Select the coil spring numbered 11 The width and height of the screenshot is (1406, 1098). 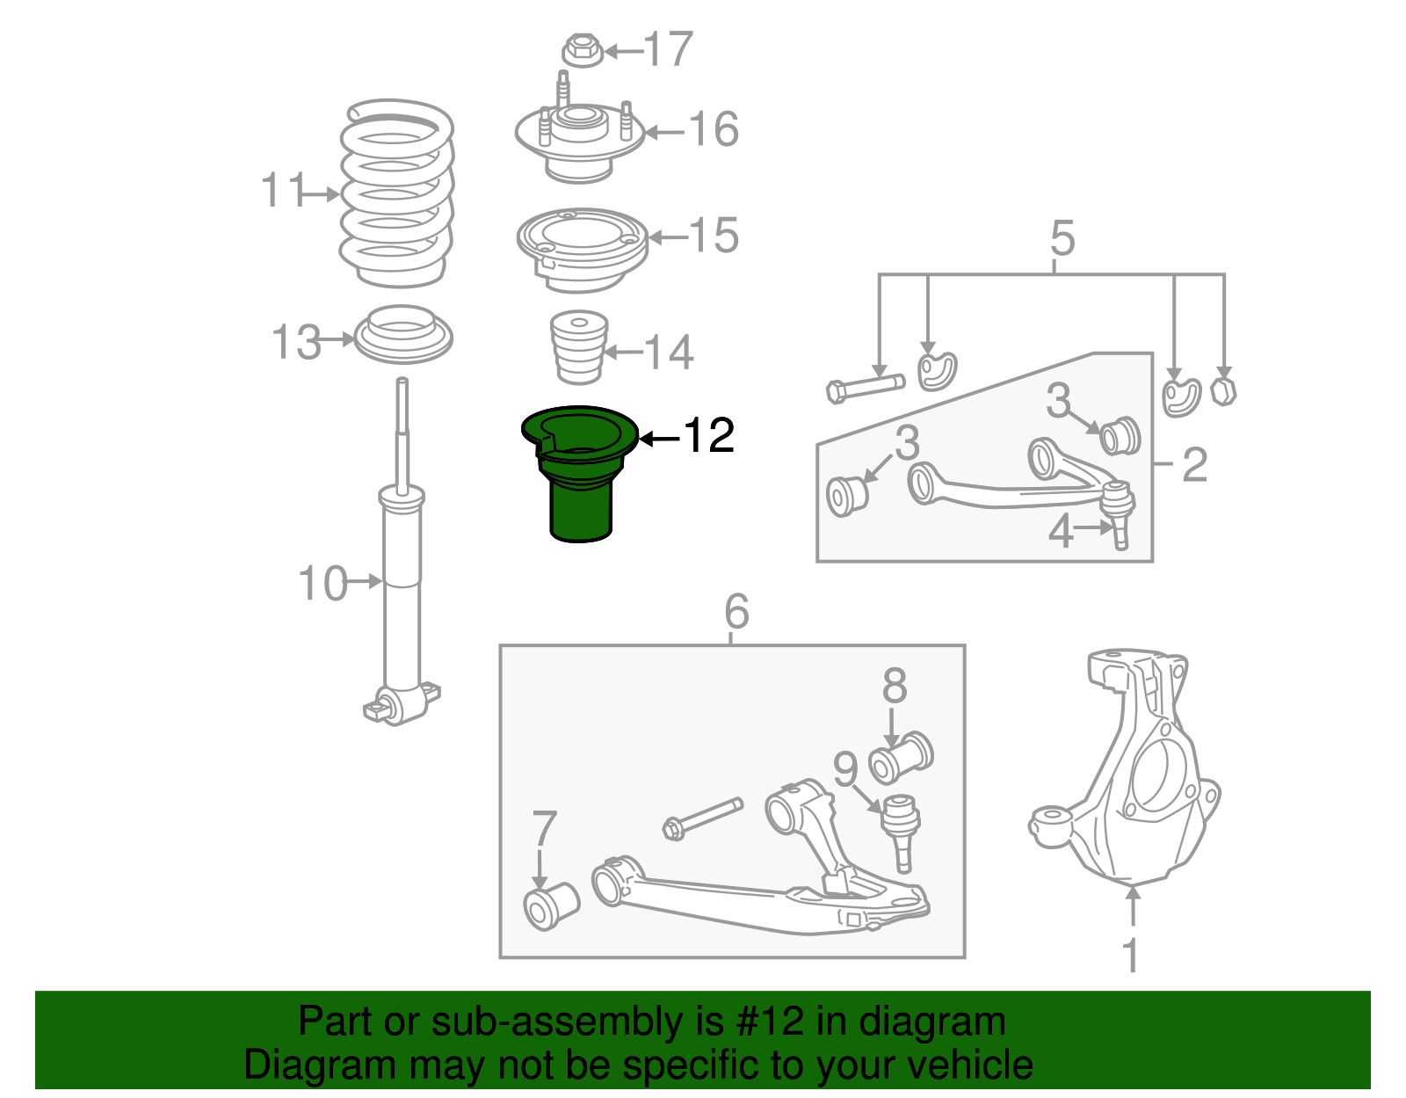pyautogui.click(x=397, y=193)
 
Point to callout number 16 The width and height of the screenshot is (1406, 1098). pyautogui.click(x=714, y=130)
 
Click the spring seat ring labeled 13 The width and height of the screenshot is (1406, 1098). pyautogui.click(x=403, y=334)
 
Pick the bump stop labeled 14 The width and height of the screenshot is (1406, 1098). pyautogui.click(x=579, y=347)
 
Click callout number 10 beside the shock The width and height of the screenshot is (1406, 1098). pyautogui.click(x=323, y=584)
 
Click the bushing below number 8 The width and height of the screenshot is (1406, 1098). pyautogui.click(x=901, y=759)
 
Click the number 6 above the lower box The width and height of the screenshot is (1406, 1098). pyautogui.click(x=736, y=611)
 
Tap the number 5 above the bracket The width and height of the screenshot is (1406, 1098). pyautogui.click(x=1062, y=238)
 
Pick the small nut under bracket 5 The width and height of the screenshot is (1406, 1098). pyautogui.click(x=1222, y=390)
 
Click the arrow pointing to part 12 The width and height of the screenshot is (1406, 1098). pyautogui.click(x=659, y=437)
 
